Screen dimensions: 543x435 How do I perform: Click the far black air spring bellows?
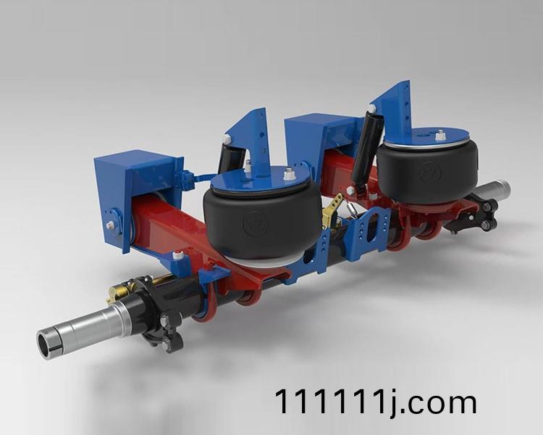coord(428,173)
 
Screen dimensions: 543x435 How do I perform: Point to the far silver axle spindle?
coord(494,190)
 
